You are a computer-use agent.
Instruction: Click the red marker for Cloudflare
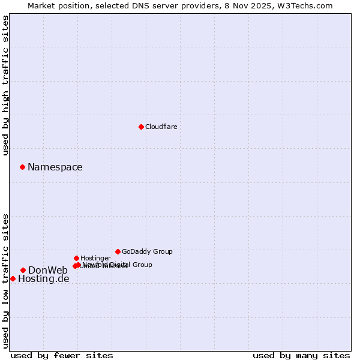141,127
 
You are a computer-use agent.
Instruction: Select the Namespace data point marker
22,167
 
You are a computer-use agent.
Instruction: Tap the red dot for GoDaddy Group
118,251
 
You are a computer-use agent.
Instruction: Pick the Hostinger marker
76,258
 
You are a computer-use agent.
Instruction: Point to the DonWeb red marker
23,270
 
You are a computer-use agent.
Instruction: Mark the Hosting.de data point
13,278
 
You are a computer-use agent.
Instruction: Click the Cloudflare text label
161,127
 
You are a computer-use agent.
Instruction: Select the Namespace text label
55,167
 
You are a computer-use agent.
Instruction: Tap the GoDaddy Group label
147,251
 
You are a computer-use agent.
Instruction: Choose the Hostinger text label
95,258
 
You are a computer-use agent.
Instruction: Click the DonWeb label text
48,270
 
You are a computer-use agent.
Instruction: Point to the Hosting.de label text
43,278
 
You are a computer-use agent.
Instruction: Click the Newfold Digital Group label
120,264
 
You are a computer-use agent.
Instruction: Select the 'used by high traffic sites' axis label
5,85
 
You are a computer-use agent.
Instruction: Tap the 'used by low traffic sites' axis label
5,280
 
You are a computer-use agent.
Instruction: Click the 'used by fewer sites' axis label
62,355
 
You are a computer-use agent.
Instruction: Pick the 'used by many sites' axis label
301,355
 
